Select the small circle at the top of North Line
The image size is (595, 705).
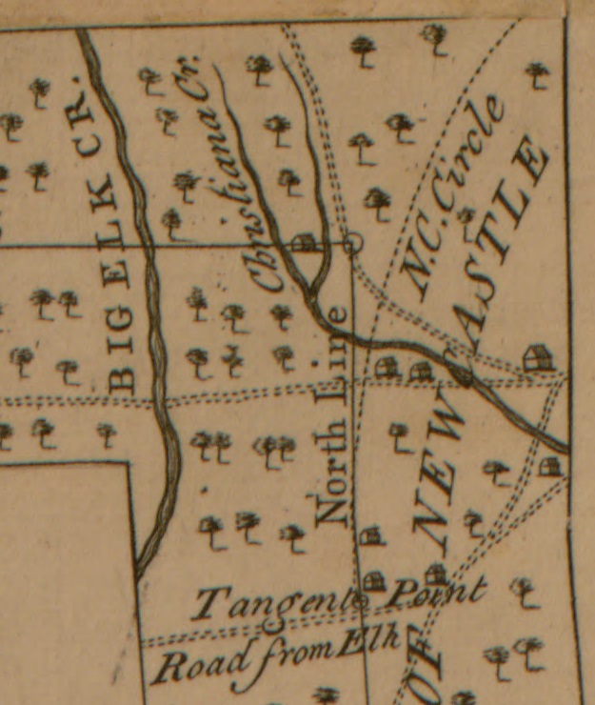coord(353,244)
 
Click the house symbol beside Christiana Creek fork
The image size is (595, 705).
coord(304,243)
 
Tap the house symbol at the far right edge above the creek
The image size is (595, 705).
coord(538,358)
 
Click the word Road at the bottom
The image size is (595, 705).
coord(190,664)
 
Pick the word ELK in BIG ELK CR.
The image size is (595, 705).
coord(109,248)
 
